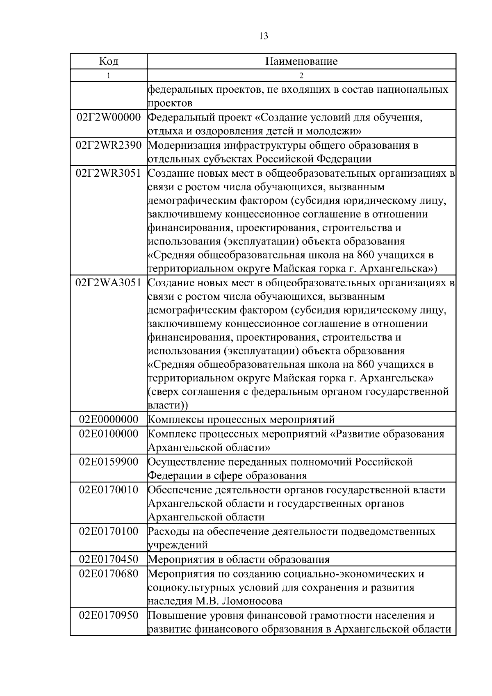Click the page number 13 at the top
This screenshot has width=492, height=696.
(x=264, y=36)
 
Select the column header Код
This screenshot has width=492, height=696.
(x=109, y=62)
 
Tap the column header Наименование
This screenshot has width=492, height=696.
(x=301, y=62)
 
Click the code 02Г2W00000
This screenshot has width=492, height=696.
(x=109, y=118)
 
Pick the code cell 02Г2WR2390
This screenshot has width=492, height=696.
(x=109, y=146)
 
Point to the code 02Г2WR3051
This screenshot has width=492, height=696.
(x=109, y=173)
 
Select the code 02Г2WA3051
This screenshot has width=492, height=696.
(x=109, y=283)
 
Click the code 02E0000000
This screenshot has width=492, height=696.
(x=109, y=420)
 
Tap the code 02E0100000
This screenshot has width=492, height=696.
(x=109, y=434)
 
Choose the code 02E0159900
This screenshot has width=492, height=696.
(x=109, y=462)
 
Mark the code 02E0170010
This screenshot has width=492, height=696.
(x=109, y=490)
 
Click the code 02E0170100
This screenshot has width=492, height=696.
(x=109, y=532)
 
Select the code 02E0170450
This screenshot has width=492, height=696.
(x=109, y=559)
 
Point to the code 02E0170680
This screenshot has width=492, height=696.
(x=109, y=573)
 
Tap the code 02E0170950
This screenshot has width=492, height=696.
(x=109, y=615)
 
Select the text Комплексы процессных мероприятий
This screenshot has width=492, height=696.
(x=241, y=420)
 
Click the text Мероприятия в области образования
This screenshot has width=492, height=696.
(x=238, y=559)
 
